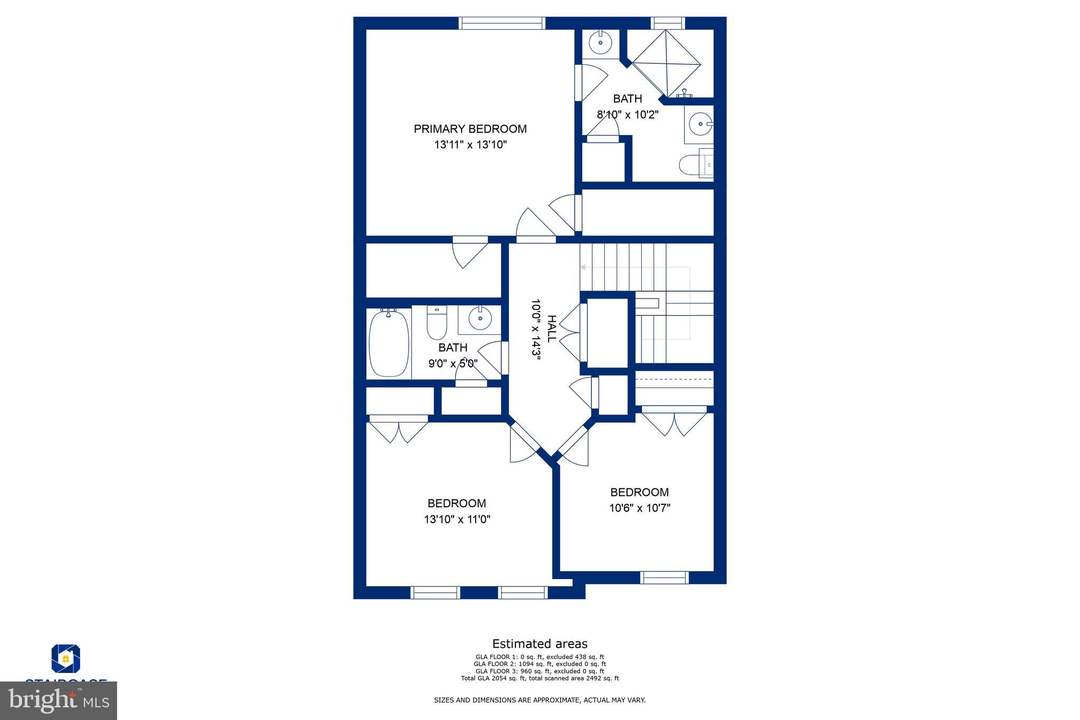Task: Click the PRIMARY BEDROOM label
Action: coord(470,129)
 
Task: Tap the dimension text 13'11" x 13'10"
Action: coord(470,145)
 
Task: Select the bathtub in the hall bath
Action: coord(389,343)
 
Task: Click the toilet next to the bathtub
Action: coord(437,323)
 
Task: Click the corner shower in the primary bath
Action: coord(667,63)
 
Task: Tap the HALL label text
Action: coord(551,329)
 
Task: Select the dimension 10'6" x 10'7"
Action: coord(639,508)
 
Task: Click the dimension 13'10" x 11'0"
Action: coord(457,519)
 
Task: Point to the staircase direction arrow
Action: coord(583,267)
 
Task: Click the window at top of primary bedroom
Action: coord(501,23)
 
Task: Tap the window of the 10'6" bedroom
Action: coord(664,578)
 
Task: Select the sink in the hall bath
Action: coord(480,319)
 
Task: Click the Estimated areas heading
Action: coord(539,644)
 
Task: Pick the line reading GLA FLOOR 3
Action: coord(539,671)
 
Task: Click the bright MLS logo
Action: coord(59,700)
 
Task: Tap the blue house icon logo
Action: coord(66,659)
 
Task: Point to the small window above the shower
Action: coord(668,23)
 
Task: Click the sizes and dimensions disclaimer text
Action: coord(539,700)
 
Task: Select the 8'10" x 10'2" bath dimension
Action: coord(628,114)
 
